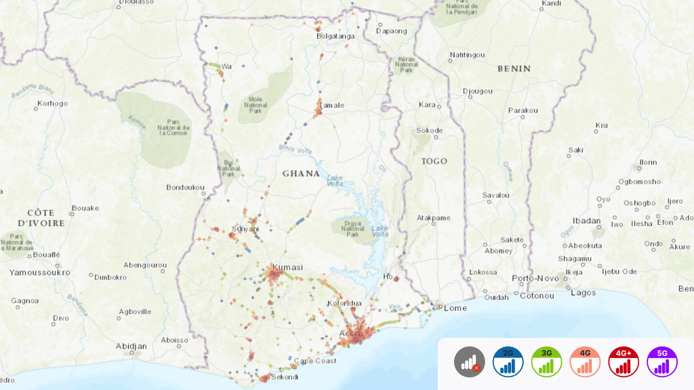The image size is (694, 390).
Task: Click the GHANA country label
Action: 301,173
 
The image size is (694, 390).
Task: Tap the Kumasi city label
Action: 287,267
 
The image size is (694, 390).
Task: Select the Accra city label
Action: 350,333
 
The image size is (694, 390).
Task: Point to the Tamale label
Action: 332,105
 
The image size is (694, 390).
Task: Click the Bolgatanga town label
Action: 335,36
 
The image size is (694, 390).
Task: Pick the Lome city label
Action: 455,307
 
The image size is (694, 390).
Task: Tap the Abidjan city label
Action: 131,346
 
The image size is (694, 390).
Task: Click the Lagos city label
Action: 583,292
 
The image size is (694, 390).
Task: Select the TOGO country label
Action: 434,161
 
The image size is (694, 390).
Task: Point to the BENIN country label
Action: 514,68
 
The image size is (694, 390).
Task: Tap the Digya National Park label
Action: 352,229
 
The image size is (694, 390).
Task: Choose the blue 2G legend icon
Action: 508,362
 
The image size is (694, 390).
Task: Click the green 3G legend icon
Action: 547,362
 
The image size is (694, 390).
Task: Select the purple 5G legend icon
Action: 662,362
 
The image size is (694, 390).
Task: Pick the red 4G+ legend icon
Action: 624,362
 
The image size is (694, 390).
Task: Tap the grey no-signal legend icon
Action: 470,362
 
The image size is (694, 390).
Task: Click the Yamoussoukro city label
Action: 39,272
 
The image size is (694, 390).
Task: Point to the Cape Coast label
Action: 314,361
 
